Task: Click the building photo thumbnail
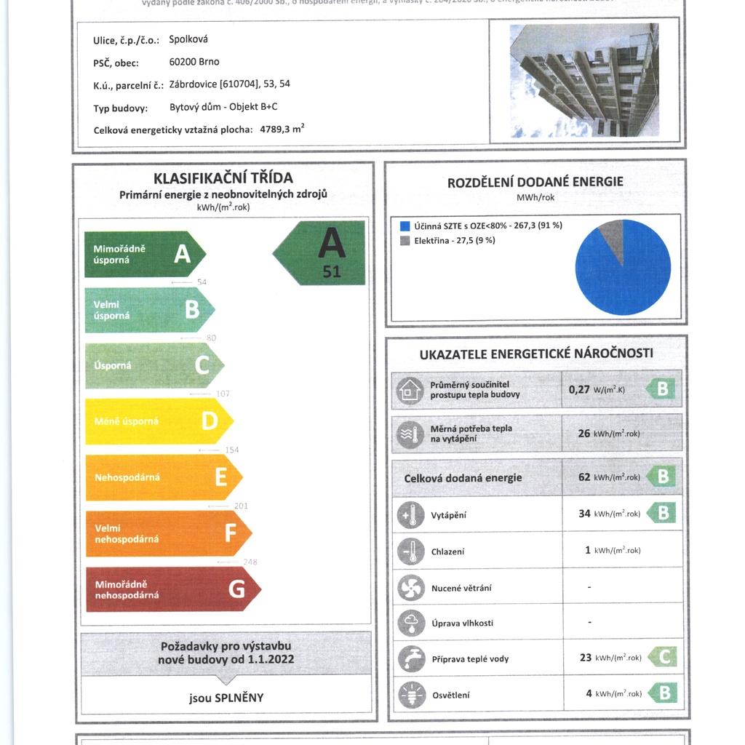point(584,80)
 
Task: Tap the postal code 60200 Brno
point(194,62)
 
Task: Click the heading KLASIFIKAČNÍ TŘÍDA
point(223,178)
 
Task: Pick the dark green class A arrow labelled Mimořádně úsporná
point(144,254)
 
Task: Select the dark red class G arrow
point(172,589)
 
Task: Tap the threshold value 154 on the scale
point(231,450)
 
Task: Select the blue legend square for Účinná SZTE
point(405,226)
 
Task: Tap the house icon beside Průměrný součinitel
point(410,390)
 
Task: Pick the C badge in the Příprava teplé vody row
point(663,657)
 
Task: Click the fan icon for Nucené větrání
point(410,587)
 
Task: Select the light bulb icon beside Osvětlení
point(411,695)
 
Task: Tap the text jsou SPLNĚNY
point(226,698)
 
